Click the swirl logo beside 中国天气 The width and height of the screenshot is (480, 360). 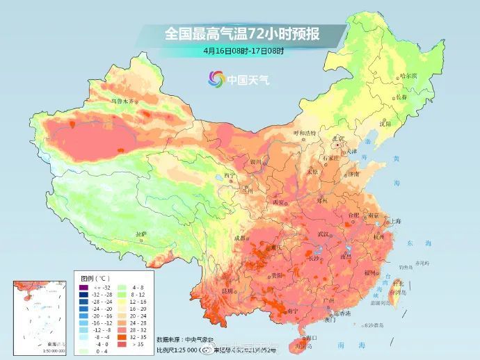pyautogui.click(x=214, y=79)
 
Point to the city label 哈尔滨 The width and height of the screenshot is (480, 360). pyautogui.click(x=409, y=75)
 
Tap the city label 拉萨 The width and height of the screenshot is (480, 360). pyautogui.click(x=141, y=234)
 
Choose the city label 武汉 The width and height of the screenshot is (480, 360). pyautogui.click(x=322, y=234)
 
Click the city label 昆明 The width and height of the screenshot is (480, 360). pyautogui.click(x=227, y=291)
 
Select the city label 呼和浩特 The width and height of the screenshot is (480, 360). pyautogui.click(x=304, y=132)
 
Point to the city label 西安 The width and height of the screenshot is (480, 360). pyautogui.click(x=278, y=202)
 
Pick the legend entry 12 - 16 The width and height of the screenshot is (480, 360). pyautogui.click(x=131, y=302)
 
